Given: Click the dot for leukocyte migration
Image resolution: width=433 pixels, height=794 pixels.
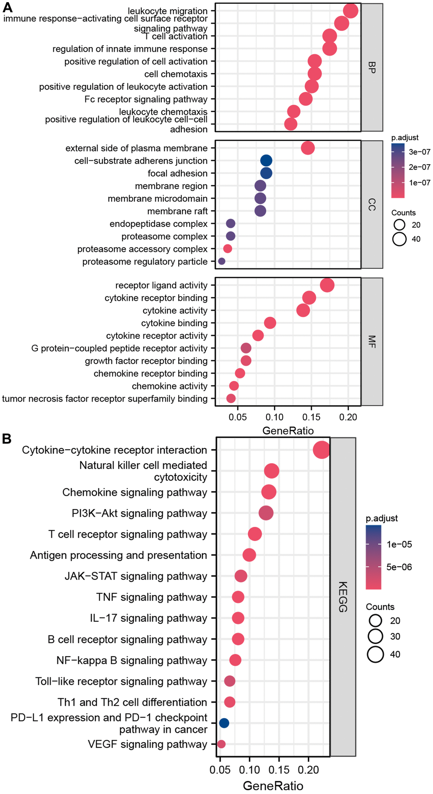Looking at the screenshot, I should click(x=350, y=11).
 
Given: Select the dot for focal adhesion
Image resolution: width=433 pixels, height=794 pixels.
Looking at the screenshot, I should click(x=266, y=173).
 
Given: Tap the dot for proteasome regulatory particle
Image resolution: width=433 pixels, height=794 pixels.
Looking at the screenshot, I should click(x=221, y=261).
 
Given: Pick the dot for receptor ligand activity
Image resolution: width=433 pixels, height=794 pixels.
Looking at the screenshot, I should click(x=327, y=285).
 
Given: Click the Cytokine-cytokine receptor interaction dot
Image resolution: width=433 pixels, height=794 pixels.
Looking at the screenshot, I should click(x=321, y=450).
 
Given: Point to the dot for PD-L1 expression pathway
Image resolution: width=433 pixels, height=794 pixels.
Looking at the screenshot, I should click(x=224, y=723).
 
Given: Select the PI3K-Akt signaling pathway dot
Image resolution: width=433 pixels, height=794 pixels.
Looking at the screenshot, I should click(x=266, y=513).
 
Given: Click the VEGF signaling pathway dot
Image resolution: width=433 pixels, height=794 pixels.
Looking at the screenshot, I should click(x=221, y=744).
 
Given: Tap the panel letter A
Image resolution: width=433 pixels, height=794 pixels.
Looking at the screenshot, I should click(x=7, y=7).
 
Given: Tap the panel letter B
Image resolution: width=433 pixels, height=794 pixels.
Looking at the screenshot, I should click(x=6, y=439).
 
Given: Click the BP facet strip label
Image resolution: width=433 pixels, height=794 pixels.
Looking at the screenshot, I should click(x=372, y=67).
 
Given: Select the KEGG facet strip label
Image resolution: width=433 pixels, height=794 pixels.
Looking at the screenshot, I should click(x=343, y=596).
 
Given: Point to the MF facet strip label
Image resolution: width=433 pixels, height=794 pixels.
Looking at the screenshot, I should click(x=372, y=341).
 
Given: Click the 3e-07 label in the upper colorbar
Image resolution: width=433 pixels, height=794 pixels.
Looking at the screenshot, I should click(x=419, y=152).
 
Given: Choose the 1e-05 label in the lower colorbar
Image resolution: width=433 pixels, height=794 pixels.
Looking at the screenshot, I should click(x=399, y=544).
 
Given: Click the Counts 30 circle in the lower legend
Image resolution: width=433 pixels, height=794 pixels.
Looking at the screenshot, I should click(x=376, y=636).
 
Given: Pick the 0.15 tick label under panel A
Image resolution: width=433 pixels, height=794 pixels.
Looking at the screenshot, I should click(x=311, y=417).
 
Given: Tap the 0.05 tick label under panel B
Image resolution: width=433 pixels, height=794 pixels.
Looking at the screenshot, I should click(x=220, y=770).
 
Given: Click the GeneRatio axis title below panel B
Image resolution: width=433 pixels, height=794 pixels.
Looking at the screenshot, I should click(x=273, y=786).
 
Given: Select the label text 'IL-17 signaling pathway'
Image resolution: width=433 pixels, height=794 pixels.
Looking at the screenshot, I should click(x=148, y=618).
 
